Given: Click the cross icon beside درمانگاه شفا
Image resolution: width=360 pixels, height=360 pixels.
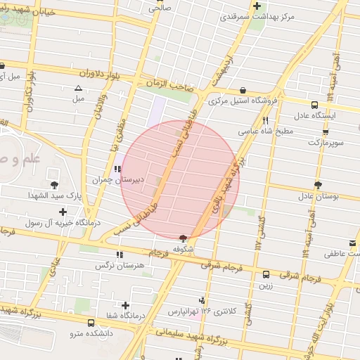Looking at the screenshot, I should (x=126, y=305).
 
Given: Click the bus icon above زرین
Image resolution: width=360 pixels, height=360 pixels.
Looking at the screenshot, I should (x=266, y=274).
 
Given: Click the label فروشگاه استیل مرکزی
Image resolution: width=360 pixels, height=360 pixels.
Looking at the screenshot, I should (x=243, y=101).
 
